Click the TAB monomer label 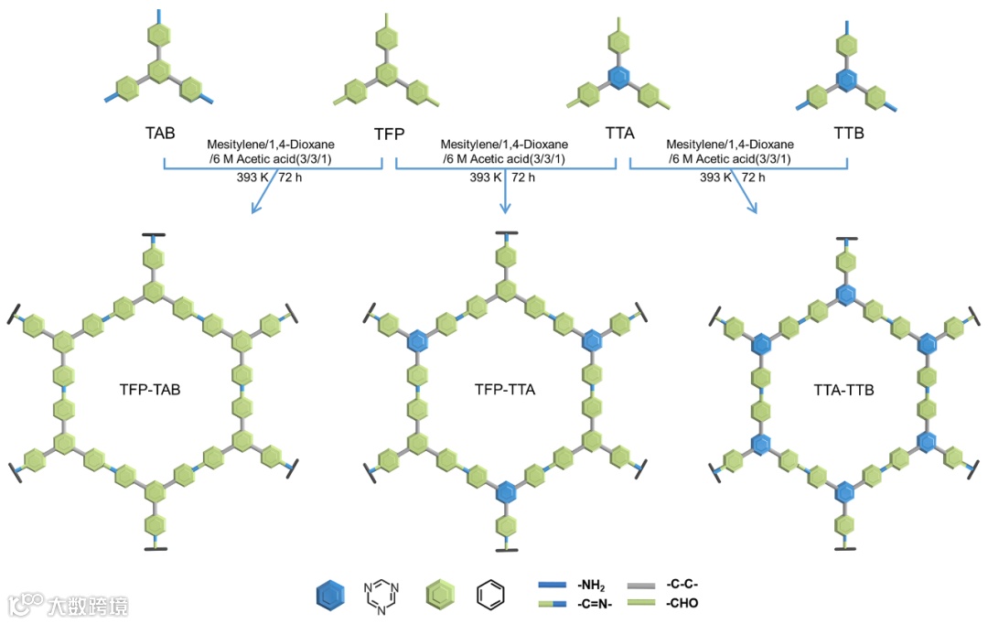click(160, 132)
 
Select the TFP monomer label click(390, 134)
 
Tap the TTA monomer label click(620, 134)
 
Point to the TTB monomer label click(849, 132)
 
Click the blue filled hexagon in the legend click(330, 595)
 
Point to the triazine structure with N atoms click(381, 595)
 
